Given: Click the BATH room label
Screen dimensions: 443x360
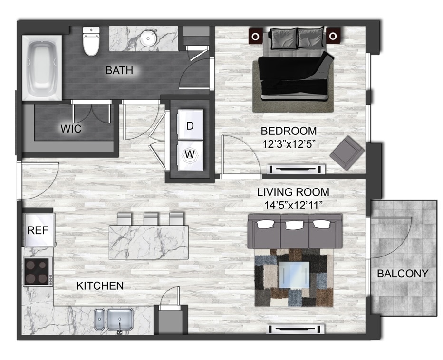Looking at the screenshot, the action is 119,70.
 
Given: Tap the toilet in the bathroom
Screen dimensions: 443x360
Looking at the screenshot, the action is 91,41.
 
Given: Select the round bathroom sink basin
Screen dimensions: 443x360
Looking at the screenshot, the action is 148,38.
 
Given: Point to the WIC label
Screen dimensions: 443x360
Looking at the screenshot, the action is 71,129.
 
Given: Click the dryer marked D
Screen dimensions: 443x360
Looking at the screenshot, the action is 190,124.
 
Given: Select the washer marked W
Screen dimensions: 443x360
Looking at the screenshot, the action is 190,155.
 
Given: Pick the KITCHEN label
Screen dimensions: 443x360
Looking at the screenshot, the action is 100,286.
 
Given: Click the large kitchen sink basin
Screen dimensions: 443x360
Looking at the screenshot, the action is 120,319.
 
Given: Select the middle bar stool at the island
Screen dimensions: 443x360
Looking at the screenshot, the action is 151,218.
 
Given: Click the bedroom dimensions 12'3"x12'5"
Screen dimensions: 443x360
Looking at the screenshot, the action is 289,144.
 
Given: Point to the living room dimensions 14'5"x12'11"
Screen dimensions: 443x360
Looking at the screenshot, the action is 293,205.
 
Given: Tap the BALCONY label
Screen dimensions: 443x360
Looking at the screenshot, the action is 403,273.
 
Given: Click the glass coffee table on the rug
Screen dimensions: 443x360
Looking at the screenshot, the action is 294,275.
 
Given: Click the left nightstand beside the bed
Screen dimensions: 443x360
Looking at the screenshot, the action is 255,36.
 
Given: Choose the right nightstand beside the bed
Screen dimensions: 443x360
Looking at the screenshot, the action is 333,36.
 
